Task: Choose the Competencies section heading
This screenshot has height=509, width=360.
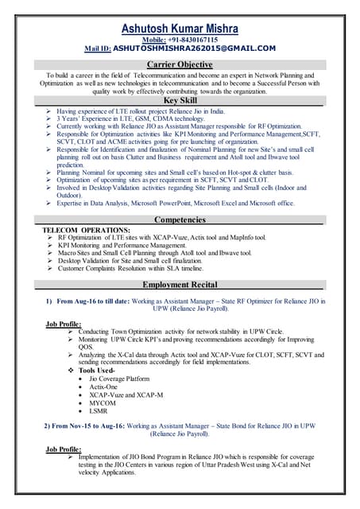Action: [180, 219]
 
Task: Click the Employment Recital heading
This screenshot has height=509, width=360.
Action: [180, 284]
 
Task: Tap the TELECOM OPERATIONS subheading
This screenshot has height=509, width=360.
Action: [86, 229]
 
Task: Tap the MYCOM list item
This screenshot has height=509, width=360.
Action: [103, 403]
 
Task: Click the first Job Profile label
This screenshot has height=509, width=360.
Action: [64, 324]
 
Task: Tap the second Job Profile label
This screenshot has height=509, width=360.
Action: [64, 449]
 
